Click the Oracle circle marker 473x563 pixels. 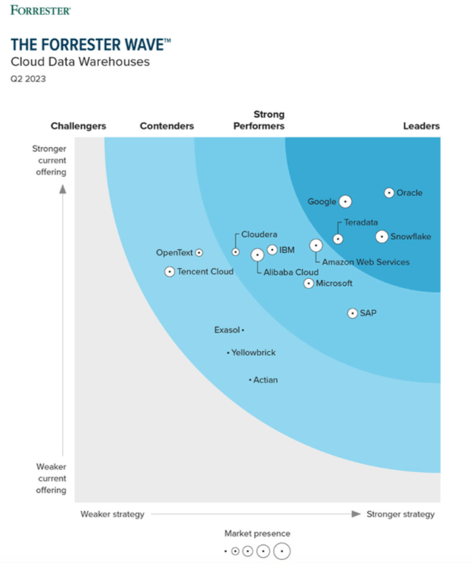pos(389,193)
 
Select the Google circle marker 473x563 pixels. pos(344,202)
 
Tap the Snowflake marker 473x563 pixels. pos(381,236)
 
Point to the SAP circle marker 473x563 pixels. pos(353,313)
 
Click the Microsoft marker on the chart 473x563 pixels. pos(309,283)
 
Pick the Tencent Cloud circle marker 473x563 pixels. pos(169,271)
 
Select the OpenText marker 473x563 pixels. pos(199,253)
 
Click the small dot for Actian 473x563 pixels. pos(250,380)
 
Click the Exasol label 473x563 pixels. pos(227,330)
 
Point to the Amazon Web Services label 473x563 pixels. pos(366,262)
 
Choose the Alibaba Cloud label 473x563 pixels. pos(291,272)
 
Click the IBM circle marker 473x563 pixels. pos(272,250)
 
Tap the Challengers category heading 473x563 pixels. pos(78,126)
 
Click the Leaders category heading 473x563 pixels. pos(421,126)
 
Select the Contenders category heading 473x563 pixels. pos(167,126)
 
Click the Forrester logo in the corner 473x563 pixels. pos(41,10)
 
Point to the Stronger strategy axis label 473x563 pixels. pos(401,514)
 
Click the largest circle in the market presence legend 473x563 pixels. pos(282,551)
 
